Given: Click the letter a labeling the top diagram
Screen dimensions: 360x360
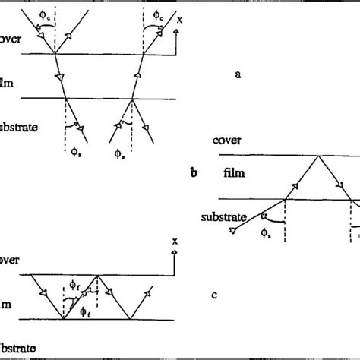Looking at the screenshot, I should tap(238, 74).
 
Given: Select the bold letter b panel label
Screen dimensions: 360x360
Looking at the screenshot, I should tap(194, 173).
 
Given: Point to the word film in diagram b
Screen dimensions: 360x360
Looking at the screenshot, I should tap(234, 174).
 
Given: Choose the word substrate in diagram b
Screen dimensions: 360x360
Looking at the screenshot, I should tap(224, 216).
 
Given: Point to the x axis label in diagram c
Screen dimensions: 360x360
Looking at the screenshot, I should tap(175, 242).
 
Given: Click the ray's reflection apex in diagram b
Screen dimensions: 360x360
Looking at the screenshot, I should tap(317, 156).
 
